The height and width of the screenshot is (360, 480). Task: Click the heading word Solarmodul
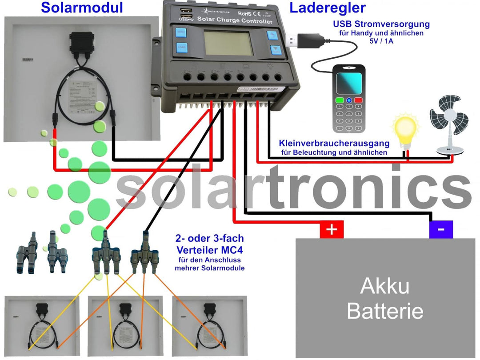(x=82, y=8)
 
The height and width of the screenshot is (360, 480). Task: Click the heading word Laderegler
(x=328, y=8)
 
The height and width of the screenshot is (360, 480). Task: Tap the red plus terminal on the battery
(x=332, y=230)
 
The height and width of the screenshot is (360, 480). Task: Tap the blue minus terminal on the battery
(x=441, y=230)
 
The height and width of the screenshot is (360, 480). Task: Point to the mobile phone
(x=349, y=98)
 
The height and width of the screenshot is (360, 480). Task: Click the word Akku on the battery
(x=385, y=287)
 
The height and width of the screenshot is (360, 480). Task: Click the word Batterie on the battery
(x=385, y=311)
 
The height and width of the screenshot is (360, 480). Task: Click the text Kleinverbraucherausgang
(x=334, y=144)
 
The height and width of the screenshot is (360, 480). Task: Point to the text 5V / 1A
(x=382, y=40)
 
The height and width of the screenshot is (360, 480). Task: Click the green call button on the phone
(x=340, y=100)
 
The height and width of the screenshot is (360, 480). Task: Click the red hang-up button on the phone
(x=358, y=100)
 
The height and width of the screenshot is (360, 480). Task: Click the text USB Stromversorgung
(x=382, y=24)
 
